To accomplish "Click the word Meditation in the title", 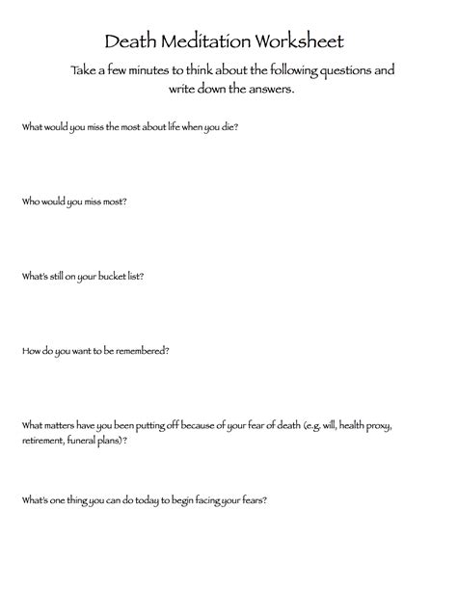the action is click(x=204, y=42).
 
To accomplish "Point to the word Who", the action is click(x=30, y=201).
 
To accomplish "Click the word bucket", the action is click(x=107, y=276).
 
